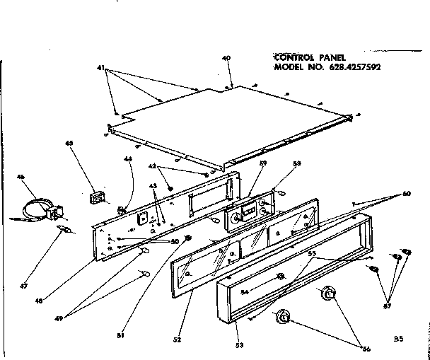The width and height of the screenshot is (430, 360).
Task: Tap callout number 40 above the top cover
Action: coord(226,59)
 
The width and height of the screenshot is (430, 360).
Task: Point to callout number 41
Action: coord(100,68)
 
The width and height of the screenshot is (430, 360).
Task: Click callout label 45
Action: coord(69,144)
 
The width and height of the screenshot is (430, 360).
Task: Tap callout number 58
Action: coord(297,163)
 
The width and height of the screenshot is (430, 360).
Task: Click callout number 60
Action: coord(407,193)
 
